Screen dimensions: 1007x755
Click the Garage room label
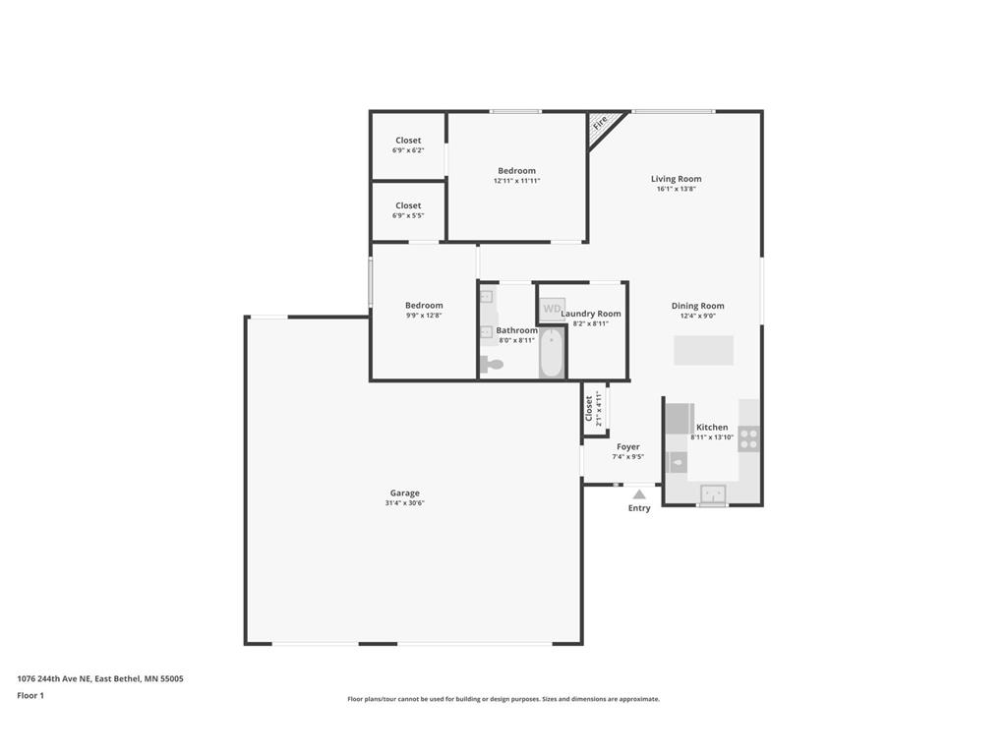[404, 494]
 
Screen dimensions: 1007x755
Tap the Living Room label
[677, 179]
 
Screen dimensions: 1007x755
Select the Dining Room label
[698, 307]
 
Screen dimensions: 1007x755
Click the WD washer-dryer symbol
[553, 309]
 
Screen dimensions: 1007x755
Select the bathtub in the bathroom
[552, 352]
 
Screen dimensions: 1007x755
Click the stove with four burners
[748, 438]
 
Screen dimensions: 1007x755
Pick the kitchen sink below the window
[713, 494]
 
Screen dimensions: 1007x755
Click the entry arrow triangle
[639, 494]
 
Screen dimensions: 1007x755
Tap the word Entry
[639, 508]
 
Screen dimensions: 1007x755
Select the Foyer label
[628, 447]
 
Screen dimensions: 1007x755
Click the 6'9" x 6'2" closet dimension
[408, 150]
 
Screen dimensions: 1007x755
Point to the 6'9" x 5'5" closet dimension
[408, 215]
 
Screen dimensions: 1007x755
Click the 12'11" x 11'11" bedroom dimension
[517, 181]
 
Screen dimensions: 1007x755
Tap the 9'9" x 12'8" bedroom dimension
[424, 316]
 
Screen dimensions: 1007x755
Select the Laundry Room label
[591, 314]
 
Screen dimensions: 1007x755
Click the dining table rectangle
[704, 351]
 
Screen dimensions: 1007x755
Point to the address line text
[100, 678]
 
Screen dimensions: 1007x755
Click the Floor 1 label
[30, 695]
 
